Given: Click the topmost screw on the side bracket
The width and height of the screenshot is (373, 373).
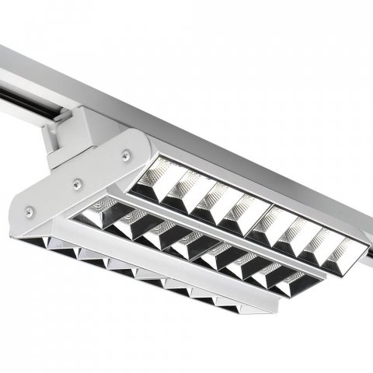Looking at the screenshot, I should point(125,156).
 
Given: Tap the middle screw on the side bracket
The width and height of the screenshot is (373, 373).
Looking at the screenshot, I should point(77,183).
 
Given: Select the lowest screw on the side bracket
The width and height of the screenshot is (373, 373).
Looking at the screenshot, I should point(29,210).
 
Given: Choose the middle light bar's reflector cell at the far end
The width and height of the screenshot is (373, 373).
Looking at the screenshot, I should point(291,283).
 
